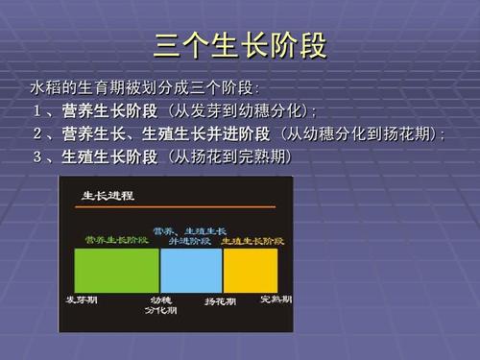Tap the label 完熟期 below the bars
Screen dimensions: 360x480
[x=276, y=300]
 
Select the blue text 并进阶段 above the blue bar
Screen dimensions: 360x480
[x=189, y=242]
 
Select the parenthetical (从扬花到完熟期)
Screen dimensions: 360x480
[x=228, y=156]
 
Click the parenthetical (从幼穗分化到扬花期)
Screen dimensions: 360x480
[x=363, y=133]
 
